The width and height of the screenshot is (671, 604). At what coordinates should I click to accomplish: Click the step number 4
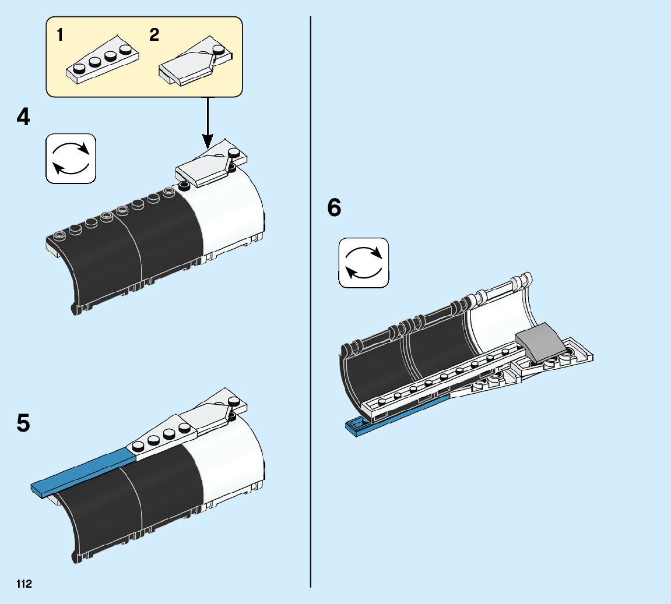[23, 117]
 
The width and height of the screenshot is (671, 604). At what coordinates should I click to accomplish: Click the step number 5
[23, 423]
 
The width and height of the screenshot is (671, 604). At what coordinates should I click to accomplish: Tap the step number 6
[334, 207]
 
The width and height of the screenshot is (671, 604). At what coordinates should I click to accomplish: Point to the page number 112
[24, 584]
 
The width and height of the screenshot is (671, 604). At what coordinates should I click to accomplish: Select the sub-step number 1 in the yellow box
[60, 35]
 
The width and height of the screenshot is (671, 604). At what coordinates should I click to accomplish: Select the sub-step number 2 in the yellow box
[154, 35]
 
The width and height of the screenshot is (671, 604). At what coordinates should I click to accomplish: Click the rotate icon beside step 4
[71, 158]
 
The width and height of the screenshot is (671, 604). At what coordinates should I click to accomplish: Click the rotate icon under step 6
[364, 262]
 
